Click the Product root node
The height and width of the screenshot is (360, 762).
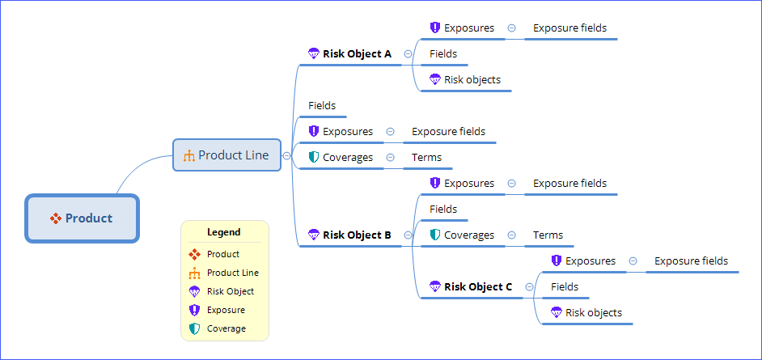(82, 218)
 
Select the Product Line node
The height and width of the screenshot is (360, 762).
(226, 155)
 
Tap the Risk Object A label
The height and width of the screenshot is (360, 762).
(357, 54)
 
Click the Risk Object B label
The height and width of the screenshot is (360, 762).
(357, 235)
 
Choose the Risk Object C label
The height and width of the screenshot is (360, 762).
(478, 286)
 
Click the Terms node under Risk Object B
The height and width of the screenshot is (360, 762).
(548, 235)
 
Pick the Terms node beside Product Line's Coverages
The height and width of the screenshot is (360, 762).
(426, 157)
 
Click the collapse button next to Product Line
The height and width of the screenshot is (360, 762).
(286, 155)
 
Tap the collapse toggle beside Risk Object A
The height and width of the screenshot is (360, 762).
(408, 54)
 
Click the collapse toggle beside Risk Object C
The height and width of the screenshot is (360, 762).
(529, 286)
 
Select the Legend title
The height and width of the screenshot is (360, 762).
(224, 232)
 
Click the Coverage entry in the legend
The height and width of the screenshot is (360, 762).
(226, 328)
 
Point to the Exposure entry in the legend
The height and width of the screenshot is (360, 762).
(226, 310)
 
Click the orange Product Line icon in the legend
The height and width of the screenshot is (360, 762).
(194, 273)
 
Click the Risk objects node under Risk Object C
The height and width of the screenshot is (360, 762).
(594, 312)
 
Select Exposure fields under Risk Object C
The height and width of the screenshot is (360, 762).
(691, 260)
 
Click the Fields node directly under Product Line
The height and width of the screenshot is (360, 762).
(322, 105)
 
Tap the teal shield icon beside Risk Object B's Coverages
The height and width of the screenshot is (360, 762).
(434, 235)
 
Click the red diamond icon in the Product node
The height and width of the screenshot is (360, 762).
(56, 218)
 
